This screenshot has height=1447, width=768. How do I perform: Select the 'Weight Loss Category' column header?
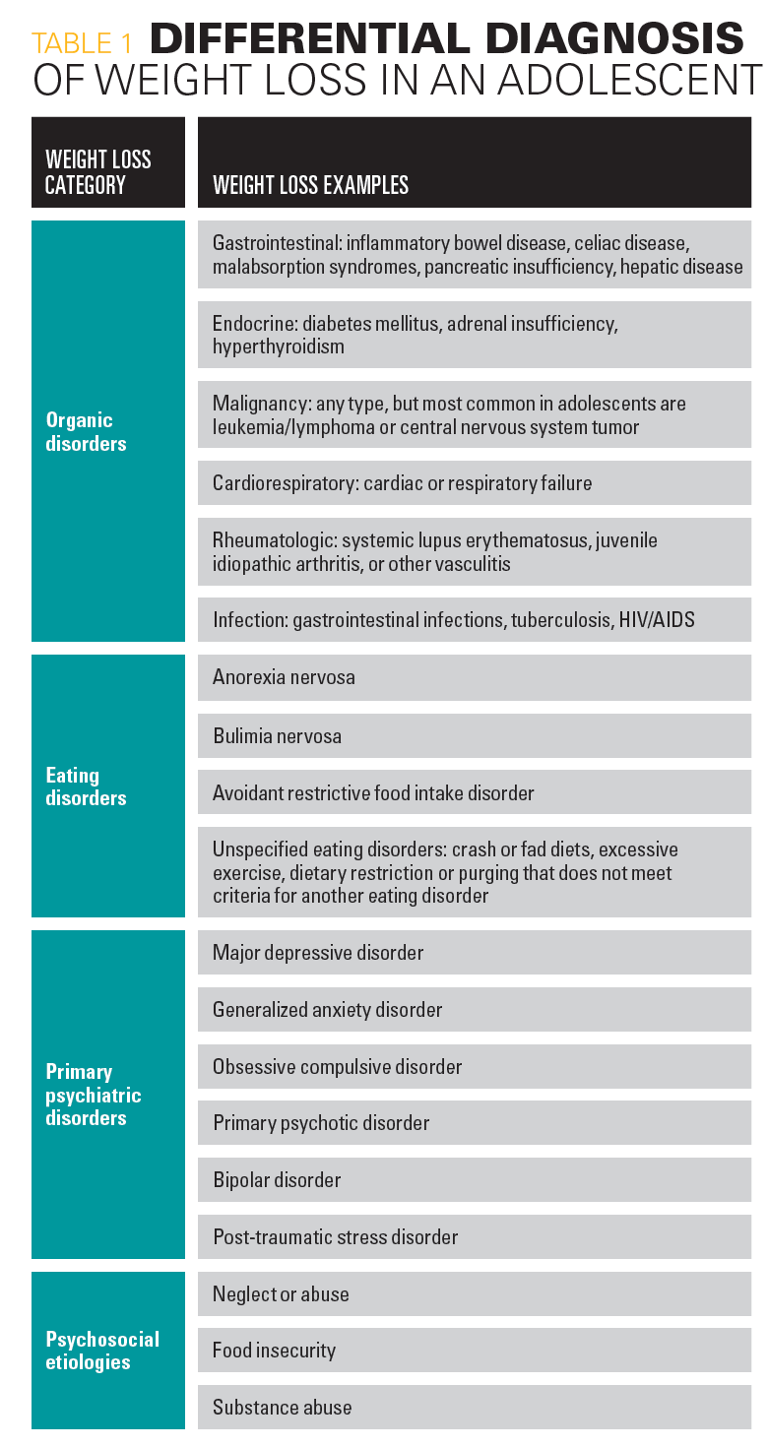pyautogui.click(x=98, y=171)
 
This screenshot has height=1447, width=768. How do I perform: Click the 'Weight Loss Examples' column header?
pyautogui.click(x=310, y=185)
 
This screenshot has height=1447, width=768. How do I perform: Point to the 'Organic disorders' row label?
pyautogui.click(x=87, y=432)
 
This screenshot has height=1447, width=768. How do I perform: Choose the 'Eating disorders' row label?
pyautogui.click(x=86, y=786)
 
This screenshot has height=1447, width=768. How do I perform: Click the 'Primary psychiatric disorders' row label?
pyautogui.click(x=94, y=1095)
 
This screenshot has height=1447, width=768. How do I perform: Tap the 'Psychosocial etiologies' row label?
pyautogui.click(x=102, y=1351)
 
